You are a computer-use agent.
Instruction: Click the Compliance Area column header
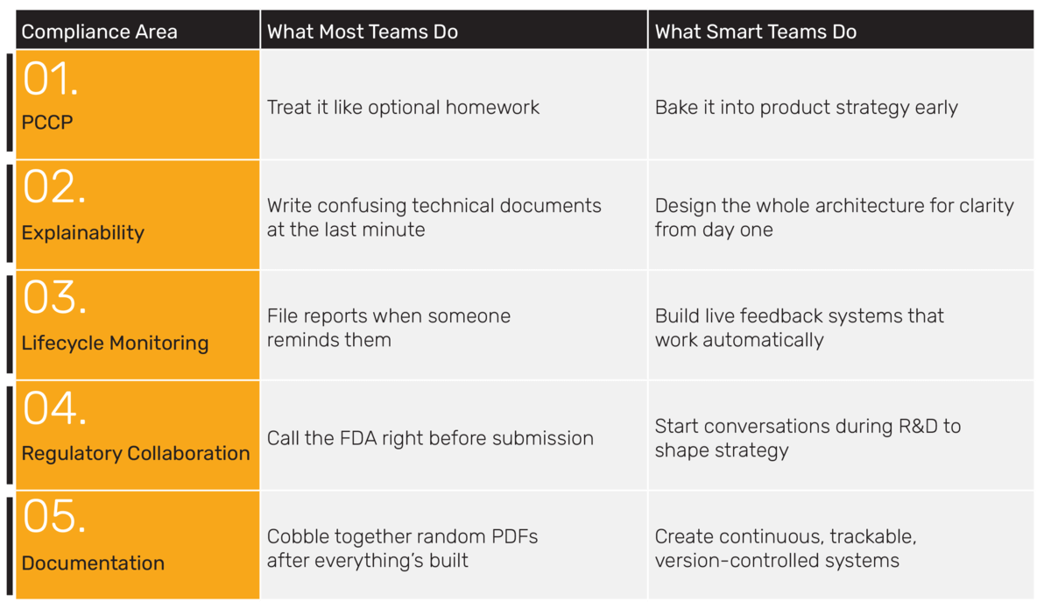(x=100, y=32)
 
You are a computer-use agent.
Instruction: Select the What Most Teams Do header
(x=363, y=32)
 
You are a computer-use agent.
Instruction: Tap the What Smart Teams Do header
(x=755, y=32)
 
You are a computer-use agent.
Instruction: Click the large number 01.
(x=50, y=79)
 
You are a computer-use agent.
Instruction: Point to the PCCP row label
(x=47, y=123)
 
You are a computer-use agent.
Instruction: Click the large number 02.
(x=54, y=187)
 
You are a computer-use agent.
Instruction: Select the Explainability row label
(x=83, y=233)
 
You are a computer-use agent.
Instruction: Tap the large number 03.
(x=55, y=297)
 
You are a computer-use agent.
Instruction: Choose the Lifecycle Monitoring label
(x=115, y=343)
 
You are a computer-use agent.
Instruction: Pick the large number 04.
(x=55, y=407)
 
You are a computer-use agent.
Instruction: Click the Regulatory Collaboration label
(x=136, y=454)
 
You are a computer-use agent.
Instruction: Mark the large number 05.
(x=54, y=516)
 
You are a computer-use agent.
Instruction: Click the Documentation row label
(x=93, y=563)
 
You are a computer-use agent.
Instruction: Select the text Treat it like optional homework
(x=403, y=108)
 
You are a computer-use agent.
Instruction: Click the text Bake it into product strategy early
(x=806, y=108)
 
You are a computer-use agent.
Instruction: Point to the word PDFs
(x=515, y=536)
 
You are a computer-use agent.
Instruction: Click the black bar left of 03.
(x=10, y=324)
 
